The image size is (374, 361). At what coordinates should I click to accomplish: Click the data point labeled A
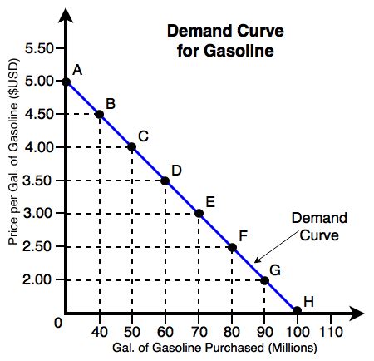(66, 82)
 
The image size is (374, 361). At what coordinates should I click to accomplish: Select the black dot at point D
(165, 180)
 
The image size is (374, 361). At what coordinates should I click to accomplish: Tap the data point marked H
(298, 311)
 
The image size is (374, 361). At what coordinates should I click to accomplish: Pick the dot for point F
(232, 247)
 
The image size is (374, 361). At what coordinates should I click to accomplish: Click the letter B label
(110, 103)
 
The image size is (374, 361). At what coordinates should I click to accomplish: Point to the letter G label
(275, 269)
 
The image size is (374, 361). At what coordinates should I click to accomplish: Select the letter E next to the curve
(209, 201)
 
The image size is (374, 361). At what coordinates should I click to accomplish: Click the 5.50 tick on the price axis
(39, 48)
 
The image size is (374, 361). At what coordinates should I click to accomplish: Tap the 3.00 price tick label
(39, 214)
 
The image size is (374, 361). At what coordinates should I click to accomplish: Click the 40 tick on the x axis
(99, 331)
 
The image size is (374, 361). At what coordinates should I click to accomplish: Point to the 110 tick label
(331, 331)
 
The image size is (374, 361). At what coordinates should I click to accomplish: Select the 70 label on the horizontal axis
(199, 331)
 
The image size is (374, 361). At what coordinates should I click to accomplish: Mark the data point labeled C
(132, 147)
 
